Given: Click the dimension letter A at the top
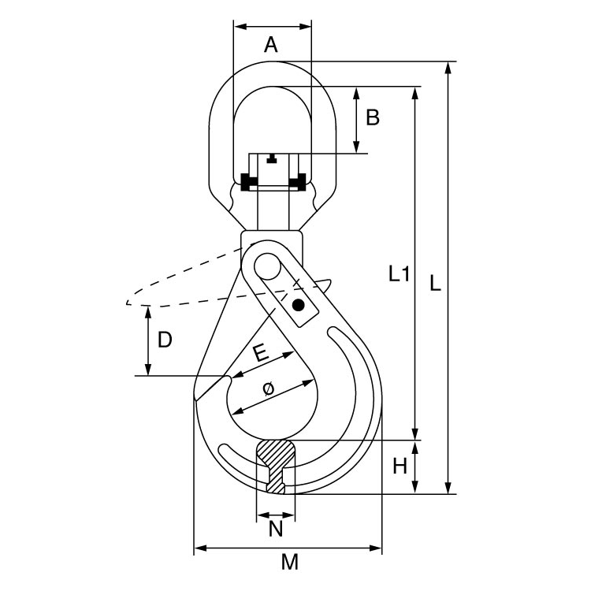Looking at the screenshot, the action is coord(271,45).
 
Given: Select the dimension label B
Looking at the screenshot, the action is coord(373,117).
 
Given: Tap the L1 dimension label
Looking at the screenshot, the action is coord(399,274).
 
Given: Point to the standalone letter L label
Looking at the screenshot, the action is coord(435,283).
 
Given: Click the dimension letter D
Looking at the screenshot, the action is coord(165,340).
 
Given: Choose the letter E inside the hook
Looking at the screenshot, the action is coord(261,354).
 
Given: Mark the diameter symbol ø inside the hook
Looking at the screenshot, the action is coord(268,388).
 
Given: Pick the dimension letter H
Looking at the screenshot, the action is coord(400,466).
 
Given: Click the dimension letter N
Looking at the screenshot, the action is coord(276,529).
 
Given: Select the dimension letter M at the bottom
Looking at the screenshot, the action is coord(290,562).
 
